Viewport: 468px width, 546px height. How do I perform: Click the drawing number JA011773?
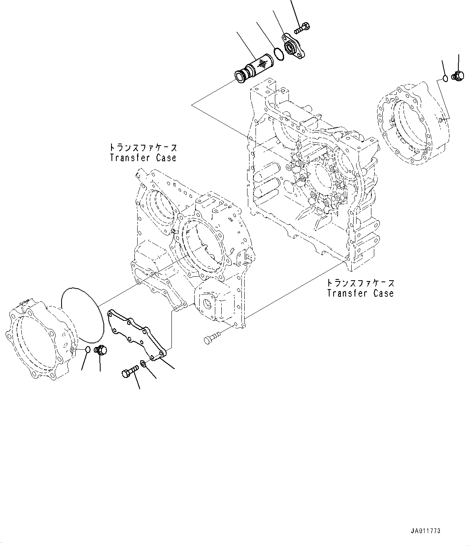click(426, 531)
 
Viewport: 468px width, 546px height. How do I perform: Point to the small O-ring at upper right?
click(445, 78)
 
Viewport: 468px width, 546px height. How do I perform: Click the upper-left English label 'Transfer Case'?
click(143, 158)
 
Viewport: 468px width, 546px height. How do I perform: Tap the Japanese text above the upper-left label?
click(143, 147)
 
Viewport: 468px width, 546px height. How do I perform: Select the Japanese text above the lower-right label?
click(360, 283)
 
